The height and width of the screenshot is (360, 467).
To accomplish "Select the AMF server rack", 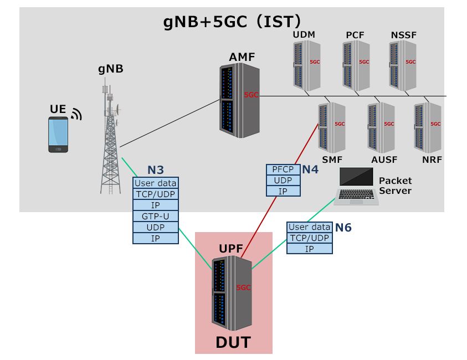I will coord(239,101).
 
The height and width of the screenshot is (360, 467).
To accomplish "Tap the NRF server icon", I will coord(428,128).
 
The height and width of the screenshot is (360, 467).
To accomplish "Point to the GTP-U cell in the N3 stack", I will coord(156,216).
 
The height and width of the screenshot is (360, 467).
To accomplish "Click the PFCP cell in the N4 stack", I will coord(283,169).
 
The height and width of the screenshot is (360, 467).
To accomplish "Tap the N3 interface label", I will coord(155,170).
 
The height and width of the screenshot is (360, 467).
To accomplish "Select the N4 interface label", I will coord(310,169).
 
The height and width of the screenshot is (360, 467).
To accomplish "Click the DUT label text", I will coord(233,342).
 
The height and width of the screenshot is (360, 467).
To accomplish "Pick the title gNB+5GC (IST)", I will coord(232,22).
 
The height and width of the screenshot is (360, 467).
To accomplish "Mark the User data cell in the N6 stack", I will coord(310,227).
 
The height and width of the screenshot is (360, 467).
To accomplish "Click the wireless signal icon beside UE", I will coord(76,114).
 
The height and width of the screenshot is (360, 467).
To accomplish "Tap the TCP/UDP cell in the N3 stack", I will coord(156,194).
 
